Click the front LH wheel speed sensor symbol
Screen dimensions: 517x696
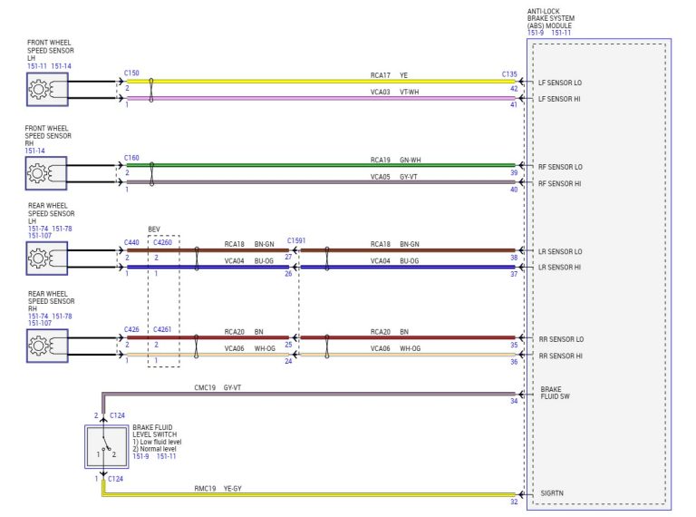46,89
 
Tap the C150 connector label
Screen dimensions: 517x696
131,72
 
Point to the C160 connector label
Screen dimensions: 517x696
131,157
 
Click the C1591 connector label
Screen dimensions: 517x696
296,240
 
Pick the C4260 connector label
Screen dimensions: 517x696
163,242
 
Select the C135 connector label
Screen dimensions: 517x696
509,74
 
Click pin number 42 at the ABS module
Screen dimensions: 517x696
514,88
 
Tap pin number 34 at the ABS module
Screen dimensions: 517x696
514,400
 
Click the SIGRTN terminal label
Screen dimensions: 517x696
552,494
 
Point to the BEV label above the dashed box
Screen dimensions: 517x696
154,230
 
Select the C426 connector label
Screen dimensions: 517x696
131,329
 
